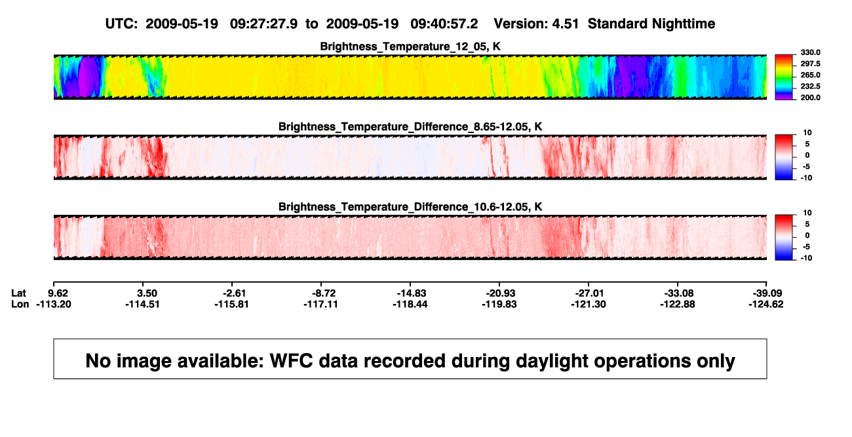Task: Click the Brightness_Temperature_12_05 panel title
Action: click(x=410, y=47)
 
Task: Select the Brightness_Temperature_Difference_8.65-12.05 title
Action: click(x=410, y=126)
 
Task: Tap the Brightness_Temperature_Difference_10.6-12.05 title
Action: click(x=410, y=207)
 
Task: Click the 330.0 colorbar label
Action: click(x=810, y=52)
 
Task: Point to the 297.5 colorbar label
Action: click(x=810, y=64)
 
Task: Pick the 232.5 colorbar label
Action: click(x=810, y=86)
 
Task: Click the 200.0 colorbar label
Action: click(x=810, y=98)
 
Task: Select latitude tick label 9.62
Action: click(x=58, y=294)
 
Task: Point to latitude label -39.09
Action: click(x=767, y=294)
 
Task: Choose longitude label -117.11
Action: click(x=320, y=304)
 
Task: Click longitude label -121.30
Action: click(x=589, y=304)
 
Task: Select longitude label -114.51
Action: click(x=143, y=304)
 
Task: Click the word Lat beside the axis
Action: click(x=18, y=294)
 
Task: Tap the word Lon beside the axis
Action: click(x=20, y=304)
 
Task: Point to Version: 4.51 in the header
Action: click(x=536, y=24)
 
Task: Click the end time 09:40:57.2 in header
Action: click(x=444, y=24)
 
